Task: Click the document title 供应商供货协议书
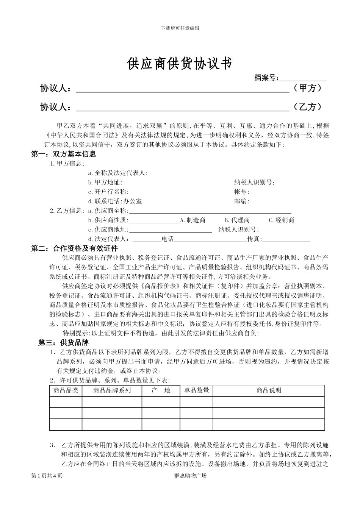pos(179,64)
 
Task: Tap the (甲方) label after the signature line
pos(307,88)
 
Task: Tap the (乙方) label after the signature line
pos(307,107)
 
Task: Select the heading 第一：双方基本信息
pos(63,154)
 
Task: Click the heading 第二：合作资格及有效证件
pos(74,248)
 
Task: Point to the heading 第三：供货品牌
pos(63,343)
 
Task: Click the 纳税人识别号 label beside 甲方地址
pos(255,183)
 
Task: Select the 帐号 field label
pos(242,192)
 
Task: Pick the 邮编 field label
pos(242,201)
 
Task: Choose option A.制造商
pos(193,220)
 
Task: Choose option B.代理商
pos(237,220)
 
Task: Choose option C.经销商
pos(281,220)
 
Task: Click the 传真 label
pos(255,239)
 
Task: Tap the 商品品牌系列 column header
pos(112,390)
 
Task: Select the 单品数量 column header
pos(197,390)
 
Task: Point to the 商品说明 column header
pos(269,390)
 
